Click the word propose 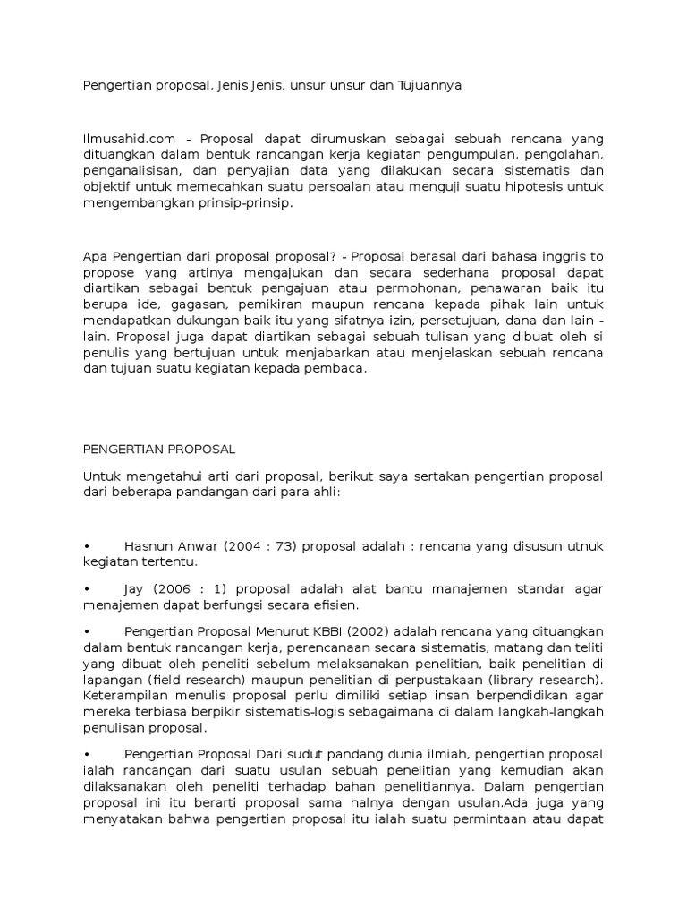click(109, 272)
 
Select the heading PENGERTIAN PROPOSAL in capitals click(158, 449)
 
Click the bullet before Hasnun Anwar click(86, 545)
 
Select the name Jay click(138, 588)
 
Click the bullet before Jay click(86, 588)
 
